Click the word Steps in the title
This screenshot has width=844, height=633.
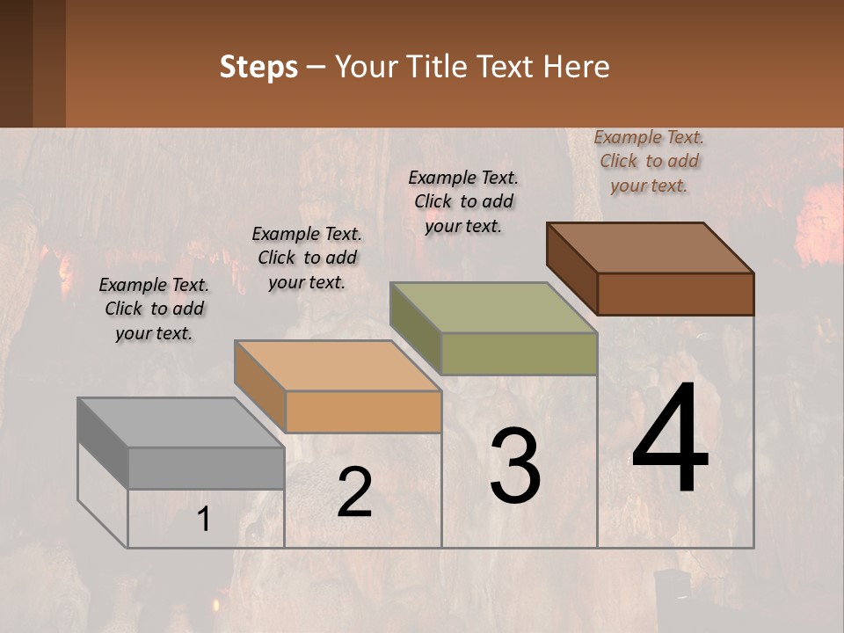point(258,67)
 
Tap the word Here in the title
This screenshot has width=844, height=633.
point(577,67)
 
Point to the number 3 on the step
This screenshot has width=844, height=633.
point(515,466)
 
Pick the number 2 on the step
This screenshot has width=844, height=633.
point(354,492)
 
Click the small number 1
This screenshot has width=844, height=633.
point(204,520)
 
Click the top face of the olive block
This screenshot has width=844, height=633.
point(493,308)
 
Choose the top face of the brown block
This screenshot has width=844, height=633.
point(650,248)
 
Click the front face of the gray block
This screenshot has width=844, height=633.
point(206,469)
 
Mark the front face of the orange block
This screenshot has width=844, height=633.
point(363,411)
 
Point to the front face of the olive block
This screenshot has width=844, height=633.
point(519,354)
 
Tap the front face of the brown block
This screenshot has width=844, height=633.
point(675,294)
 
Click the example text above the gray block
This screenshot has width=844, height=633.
point(154,309)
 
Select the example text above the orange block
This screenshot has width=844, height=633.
point(307,258)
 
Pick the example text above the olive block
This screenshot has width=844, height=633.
point(463,201)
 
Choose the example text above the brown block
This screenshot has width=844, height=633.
point(649,161)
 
